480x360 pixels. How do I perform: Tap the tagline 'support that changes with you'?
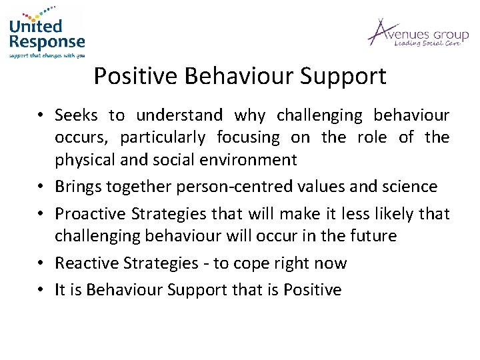click(47, 56)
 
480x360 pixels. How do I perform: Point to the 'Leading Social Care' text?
click(427, 43)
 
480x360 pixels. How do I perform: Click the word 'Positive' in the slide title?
click(135, 77)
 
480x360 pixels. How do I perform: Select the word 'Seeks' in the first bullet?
click(76, 115)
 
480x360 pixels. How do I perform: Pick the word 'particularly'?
click(164, 137)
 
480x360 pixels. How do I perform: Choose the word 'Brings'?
click(78, 186)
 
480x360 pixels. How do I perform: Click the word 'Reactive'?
click(84, 263)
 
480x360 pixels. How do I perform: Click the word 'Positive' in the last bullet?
click(314, 289)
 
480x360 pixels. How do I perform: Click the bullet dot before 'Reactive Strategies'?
click(41, 263)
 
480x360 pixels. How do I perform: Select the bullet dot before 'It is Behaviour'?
click(41, 289)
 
